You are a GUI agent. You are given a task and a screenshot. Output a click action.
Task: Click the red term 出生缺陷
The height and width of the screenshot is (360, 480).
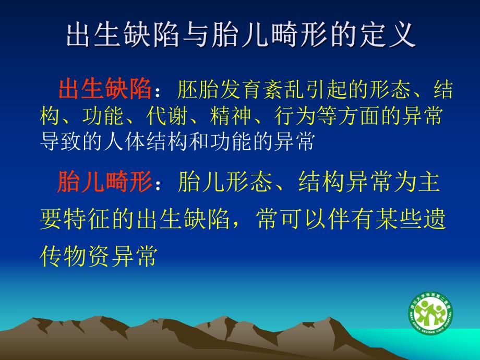(104, 90)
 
